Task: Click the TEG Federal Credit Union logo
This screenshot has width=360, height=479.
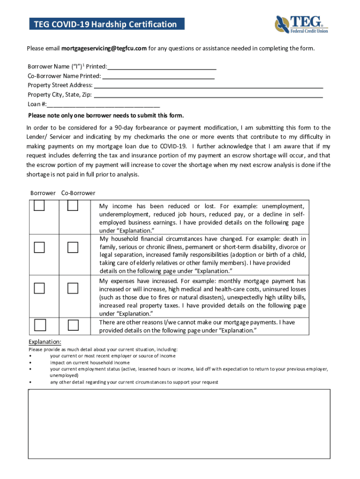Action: [301, 24]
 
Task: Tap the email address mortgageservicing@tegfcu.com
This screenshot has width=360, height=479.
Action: [104, 49]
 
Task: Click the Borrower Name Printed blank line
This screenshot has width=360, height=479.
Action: [162, 67]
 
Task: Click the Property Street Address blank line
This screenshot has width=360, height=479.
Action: [209, 86]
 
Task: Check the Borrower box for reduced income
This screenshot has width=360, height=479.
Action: [39, 206]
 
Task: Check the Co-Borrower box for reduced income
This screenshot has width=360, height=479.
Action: [72, 206]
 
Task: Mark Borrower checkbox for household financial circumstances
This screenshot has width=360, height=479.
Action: [39, 247]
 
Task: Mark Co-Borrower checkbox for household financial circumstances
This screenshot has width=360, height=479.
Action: [72, 247]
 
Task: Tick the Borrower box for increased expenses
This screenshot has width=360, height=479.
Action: [39, 288]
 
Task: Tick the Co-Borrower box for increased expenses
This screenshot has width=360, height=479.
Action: [72, 288]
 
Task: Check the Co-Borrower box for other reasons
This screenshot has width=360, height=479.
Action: [72, 325]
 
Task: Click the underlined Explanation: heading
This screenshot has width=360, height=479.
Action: [45, 342]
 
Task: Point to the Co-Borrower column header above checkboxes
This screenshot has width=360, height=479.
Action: [78, 193]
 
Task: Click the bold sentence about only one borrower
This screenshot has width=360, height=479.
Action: [106, 116]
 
